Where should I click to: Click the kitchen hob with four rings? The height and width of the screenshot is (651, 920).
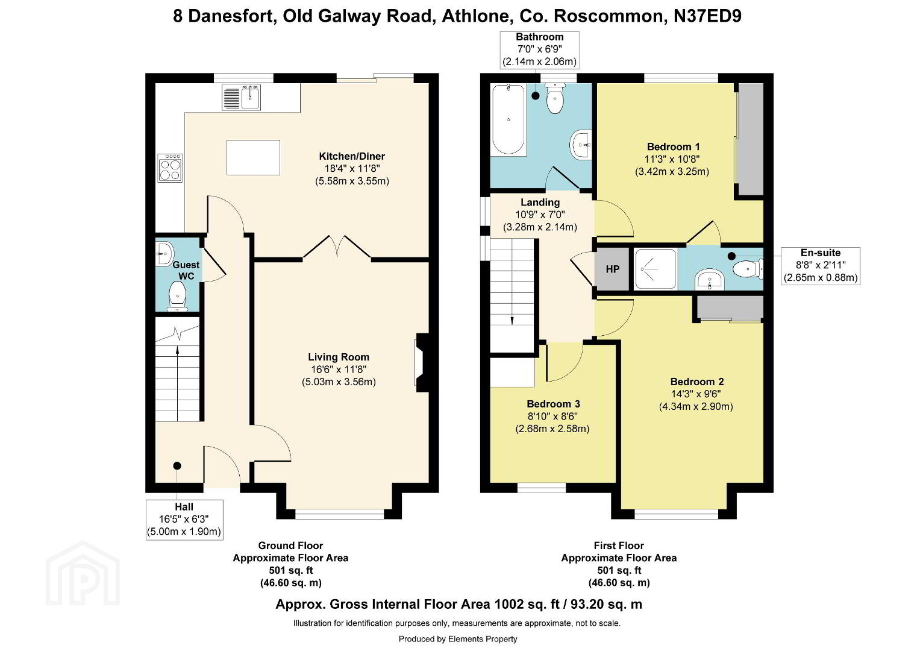click(170, 168)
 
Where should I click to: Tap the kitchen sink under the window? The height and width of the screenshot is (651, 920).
click(241, 97)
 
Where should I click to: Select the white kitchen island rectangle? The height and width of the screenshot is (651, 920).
click(254, 157)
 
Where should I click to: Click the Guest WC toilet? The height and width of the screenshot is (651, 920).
click(177, 296)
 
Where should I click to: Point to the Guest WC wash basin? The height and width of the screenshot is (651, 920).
click(164, 253)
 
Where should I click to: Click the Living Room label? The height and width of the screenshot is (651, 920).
click(339, 357)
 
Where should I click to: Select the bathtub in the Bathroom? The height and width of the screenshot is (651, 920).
click(509, 119)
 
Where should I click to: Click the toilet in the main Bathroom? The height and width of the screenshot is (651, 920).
click(555, 98)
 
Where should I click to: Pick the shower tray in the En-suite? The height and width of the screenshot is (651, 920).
click(656, 269)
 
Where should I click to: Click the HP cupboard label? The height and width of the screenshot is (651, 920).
click(613, 269)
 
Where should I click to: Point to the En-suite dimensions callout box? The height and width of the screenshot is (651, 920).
click(820, 265)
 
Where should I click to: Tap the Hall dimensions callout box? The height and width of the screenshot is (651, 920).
click(184, 520)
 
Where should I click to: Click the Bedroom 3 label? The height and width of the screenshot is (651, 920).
click(553, 404)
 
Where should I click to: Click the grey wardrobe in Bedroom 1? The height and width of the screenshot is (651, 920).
click(749, 139)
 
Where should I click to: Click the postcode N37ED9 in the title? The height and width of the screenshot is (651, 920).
click(708, 16)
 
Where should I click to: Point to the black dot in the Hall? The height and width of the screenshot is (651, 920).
click(177, 465)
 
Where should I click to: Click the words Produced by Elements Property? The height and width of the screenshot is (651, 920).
click(457, 639)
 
